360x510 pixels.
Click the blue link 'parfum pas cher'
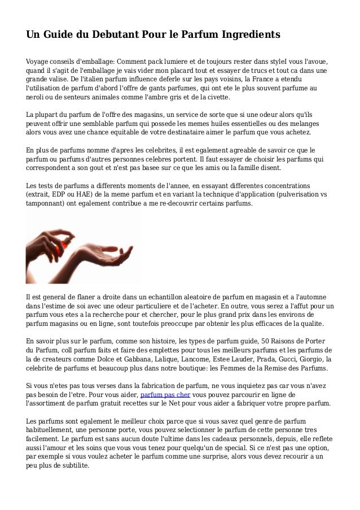point(165,395)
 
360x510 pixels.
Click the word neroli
point(36,97)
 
